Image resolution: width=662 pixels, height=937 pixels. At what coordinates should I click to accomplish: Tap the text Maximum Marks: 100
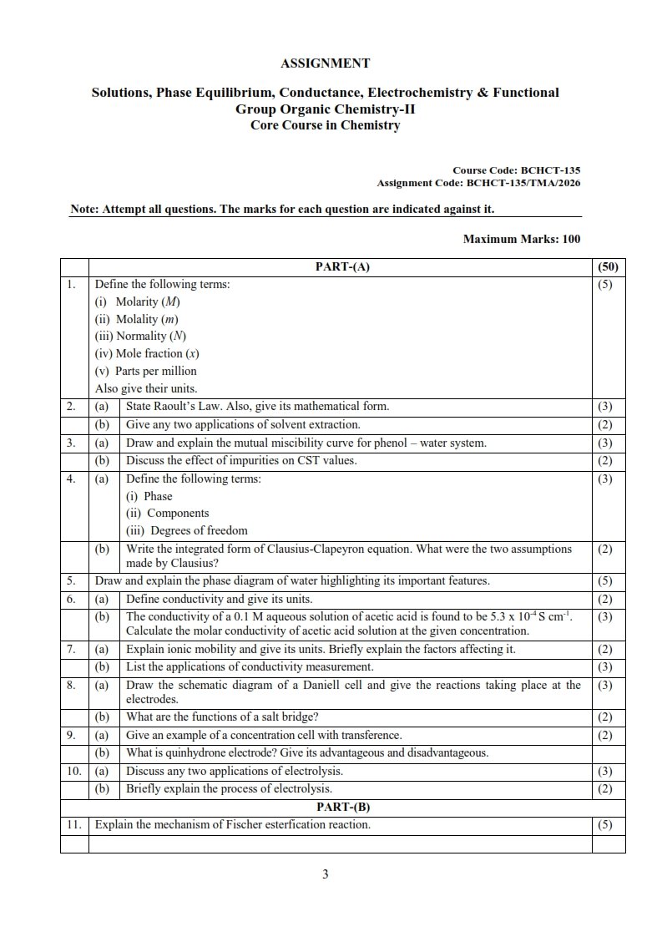point(521,239)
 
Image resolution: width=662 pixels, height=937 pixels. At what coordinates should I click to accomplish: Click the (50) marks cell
point(608,267)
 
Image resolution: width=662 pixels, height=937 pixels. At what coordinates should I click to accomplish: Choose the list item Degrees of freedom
point(199,530)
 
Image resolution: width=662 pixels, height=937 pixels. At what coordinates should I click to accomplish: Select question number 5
point(72,580)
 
